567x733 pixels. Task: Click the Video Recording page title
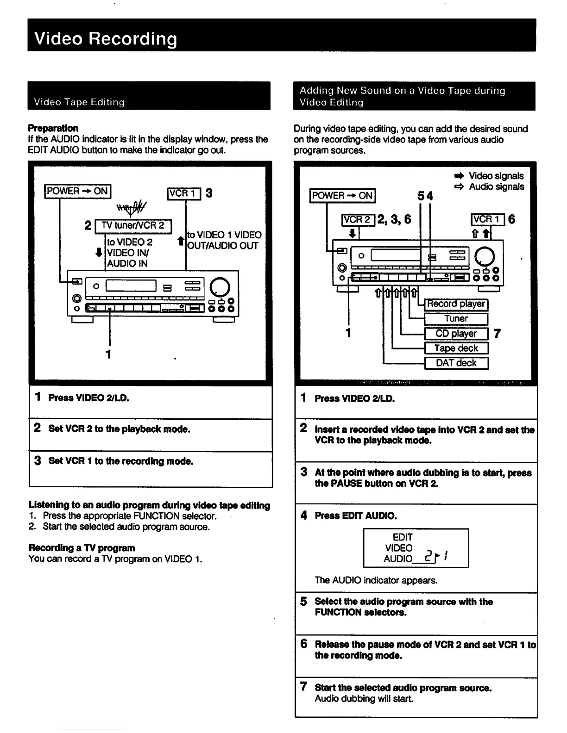pos(106,39)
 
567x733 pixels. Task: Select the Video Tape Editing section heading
pos(79,102)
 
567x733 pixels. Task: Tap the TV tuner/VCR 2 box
pos(133,226)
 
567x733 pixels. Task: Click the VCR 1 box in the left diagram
pos(183,193)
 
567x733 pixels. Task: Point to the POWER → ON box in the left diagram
pos(77,191)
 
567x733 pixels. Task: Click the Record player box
pos(456,304)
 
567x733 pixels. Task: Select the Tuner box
pos(456,318)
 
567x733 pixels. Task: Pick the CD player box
pos(456,333)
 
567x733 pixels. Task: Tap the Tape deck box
pos(456,348)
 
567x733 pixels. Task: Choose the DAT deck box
pos(456,363)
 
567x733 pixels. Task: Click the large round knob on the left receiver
pos(220,287)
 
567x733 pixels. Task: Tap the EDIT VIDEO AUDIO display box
pos(416,548)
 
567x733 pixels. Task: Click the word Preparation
pos(53,128)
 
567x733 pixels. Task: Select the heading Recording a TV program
pos(82,548)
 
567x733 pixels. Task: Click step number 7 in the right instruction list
pos(303,687)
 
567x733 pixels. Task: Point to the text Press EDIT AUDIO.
pos(356,516)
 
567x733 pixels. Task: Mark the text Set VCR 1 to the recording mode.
pos(120,461)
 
